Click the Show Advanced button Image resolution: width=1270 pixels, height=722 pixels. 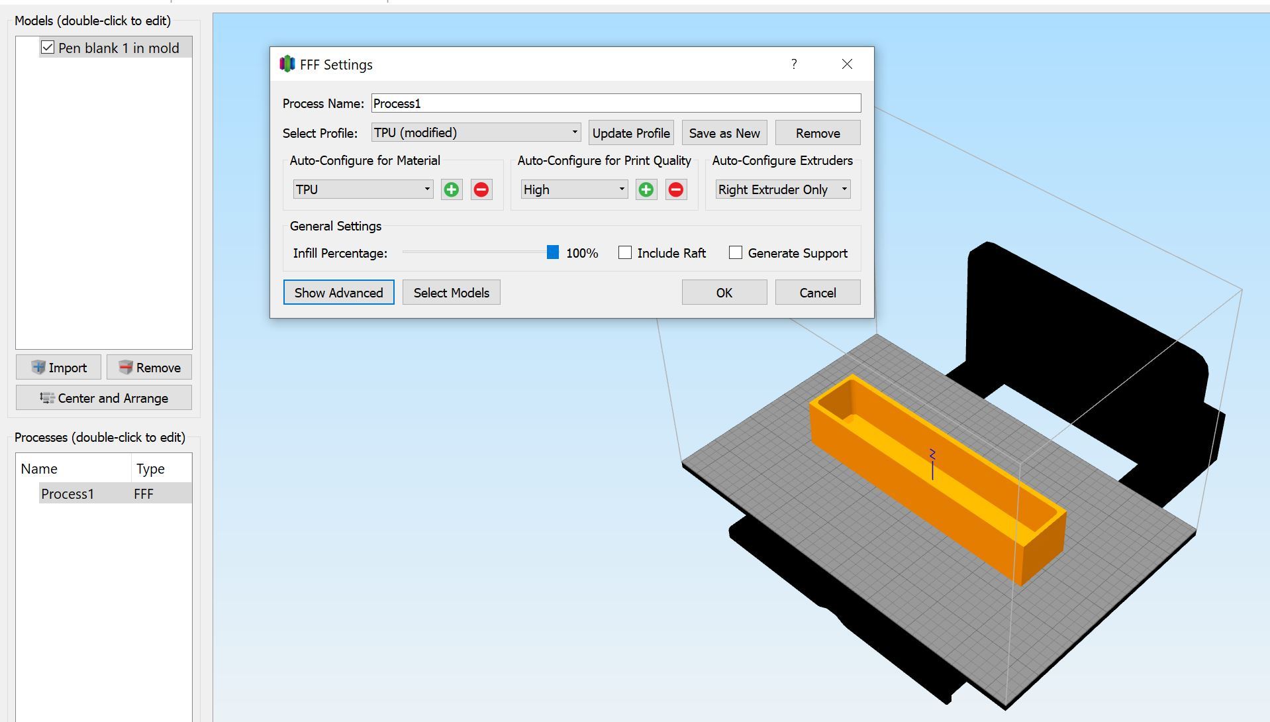338,293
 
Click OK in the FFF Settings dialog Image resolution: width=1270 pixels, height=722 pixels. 724,293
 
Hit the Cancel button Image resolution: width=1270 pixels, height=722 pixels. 817,293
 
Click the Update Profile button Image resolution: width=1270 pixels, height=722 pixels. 630,133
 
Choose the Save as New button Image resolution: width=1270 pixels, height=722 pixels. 724,133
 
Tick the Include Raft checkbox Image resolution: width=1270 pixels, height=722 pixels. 625,253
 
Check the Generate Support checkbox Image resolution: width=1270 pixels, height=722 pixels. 735,253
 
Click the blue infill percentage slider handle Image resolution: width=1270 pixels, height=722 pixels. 553,252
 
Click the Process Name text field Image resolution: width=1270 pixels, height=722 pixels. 615,103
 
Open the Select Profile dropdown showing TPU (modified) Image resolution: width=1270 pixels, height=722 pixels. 475,132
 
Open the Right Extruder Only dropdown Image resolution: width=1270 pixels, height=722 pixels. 783,189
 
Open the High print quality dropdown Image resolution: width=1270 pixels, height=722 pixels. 573,189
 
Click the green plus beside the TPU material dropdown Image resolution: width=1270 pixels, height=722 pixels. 452,190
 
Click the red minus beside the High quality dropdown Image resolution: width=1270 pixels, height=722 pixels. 675,190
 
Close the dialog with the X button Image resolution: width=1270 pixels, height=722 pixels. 847,64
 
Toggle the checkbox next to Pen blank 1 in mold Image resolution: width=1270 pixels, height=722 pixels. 48,48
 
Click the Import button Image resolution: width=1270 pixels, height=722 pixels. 59,368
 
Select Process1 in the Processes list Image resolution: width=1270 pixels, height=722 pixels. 68,494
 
